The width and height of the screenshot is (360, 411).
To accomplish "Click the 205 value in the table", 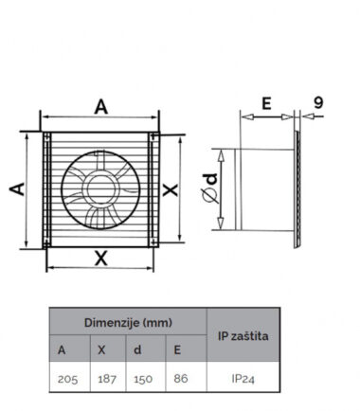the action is pyautogui.click(x=67, y=379).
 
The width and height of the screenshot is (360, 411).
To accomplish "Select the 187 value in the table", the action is pyautogui.click(x=107, y=379).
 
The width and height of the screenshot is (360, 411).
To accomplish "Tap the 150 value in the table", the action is pyautogui.click(x=143, y=379).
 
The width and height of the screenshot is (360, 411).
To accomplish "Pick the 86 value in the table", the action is pyautogui.click(x=181, y=378).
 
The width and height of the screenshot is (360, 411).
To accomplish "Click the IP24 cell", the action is pyautogui.click(x=243, y=379).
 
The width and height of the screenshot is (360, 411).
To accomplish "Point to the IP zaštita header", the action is pyautogui.click(x=243, y=336).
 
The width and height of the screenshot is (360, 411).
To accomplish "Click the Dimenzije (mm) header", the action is pyautogui.click(x=128, y=323).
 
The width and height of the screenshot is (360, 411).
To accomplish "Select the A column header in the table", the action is pyautogui.click(x=62, y=349).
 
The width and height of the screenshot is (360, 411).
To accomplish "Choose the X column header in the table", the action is pyautogui.click(x=101, y=349).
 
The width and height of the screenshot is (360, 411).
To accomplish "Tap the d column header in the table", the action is pyautogui.click(x=137, y=349).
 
